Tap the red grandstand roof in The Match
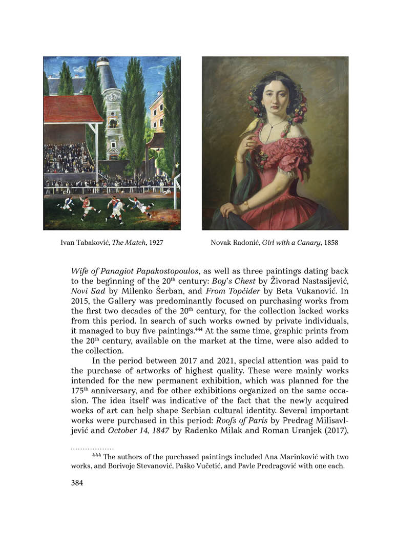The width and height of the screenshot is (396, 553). (72, 109)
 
